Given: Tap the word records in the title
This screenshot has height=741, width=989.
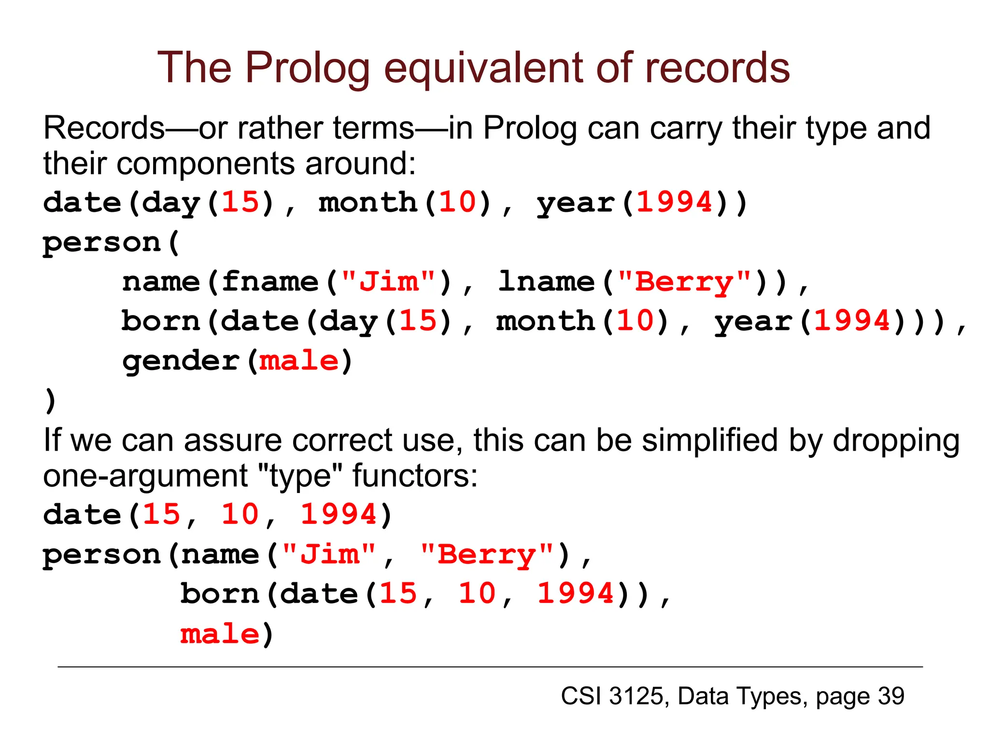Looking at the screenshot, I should click(717, 69).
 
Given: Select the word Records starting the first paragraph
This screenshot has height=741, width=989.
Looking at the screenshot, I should click(104, 128).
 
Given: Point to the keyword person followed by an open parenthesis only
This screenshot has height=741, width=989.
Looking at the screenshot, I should click(101, 243).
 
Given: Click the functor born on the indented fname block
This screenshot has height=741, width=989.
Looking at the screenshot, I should click(160, 321).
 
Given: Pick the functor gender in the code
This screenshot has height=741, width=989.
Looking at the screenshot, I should click(181, 361).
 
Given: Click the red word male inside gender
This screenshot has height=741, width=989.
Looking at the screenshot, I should click(299, 361).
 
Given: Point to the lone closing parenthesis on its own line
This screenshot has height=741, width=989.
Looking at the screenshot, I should click(50, 400).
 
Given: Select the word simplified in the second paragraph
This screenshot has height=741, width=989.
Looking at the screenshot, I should click(710, 440).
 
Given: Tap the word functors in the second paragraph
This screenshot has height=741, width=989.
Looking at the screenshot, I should click(415, 476).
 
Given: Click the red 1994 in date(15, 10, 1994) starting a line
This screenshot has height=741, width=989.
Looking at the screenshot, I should click(339, 515).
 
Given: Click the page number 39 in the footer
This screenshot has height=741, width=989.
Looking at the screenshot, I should click(891, 696).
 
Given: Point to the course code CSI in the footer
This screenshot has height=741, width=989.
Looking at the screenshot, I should click(581, 696).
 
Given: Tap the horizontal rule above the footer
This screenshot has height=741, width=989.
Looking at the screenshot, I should click(490, 667).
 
